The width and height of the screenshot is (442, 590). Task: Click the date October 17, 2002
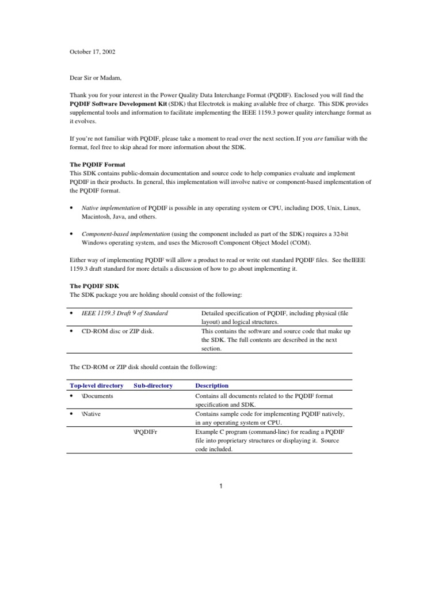tap(93, 51)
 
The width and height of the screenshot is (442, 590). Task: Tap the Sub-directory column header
tap(153, 385)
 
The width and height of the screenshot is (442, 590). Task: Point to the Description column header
tap(212, 385)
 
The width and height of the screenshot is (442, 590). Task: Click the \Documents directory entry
tap(97, 396)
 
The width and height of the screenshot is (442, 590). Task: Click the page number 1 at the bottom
tap(221, 486)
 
